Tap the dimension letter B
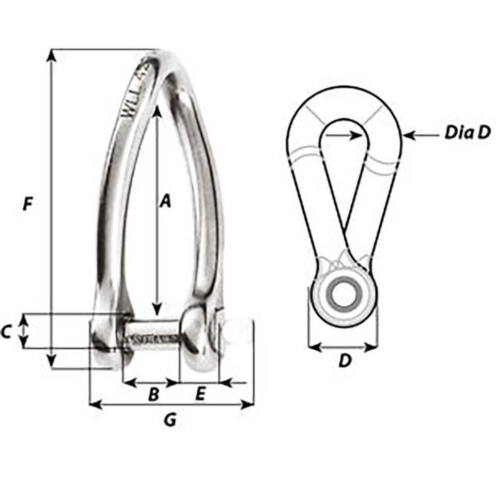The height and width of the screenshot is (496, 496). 153,395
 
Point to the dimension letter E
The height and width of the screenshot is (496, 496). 200,394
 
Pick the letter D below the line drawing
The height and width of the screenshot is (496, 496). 344,361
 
